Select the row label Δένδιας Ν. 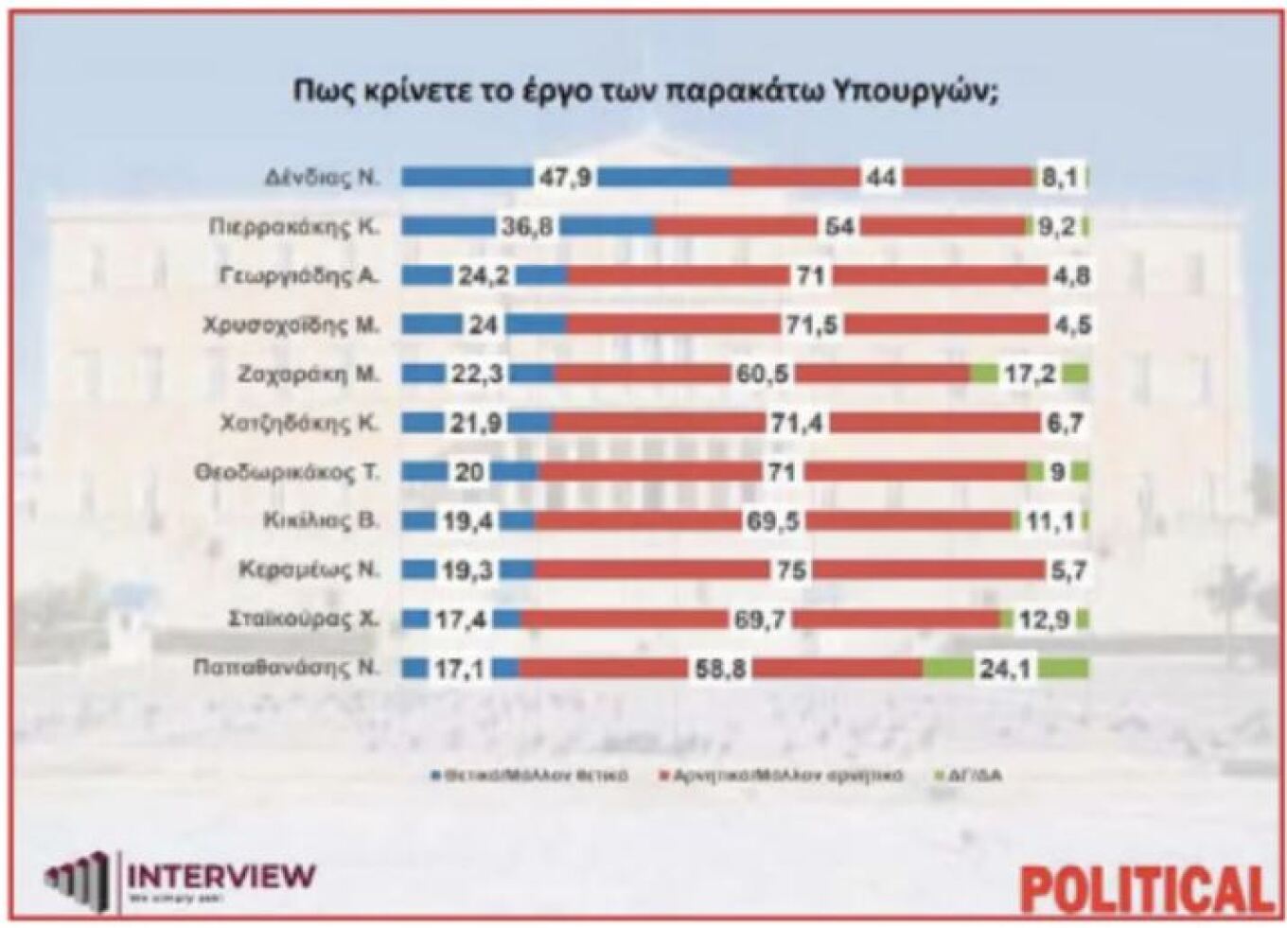coord(322,177)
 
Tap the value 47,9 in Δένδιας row coord(566,178)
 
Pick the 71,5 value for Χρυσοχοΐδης coord(811,324)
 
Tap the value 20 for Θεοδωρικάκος coord(468,472)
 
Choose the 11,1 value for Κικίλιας coord(1049,520)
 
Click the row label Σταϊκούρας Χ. coord(303,619)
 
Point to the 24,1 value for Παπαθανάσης coord(1005,668)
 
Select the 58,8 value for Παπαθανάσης coord(720,668)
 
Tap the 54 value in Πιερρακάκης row coord(838,227)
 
